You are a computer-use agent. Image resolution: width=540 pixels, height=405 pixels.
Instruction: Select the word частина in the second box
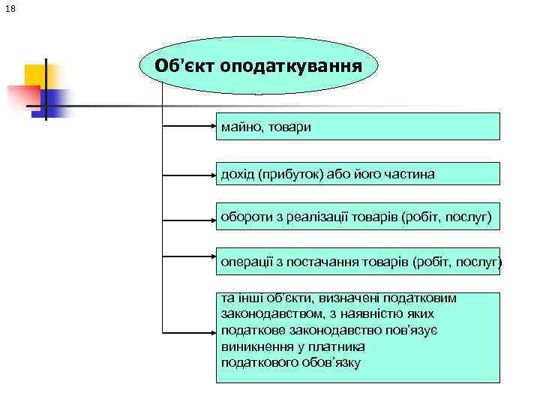click(410, 174)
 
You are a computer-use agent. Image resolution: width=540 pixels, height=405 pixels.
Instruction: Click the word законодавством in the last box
click(271, 313)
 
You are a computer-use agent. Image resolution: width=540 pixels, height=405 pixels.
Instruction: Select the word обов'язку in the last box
click(329, 364)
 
